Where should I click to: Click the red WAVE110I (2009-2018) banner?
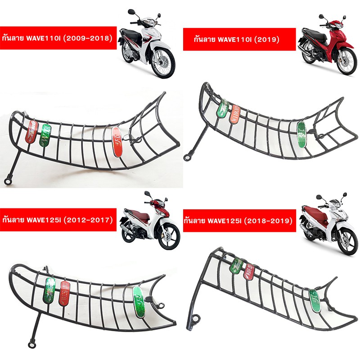[x=57, y=37]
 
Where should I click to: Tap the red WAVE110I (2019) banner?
[x=239, y=40]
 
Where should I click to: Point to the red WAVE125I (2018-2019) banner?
[x=239, y=221]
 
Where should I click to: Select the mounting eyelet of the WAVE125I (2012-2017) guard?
[x=31, y=345]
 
